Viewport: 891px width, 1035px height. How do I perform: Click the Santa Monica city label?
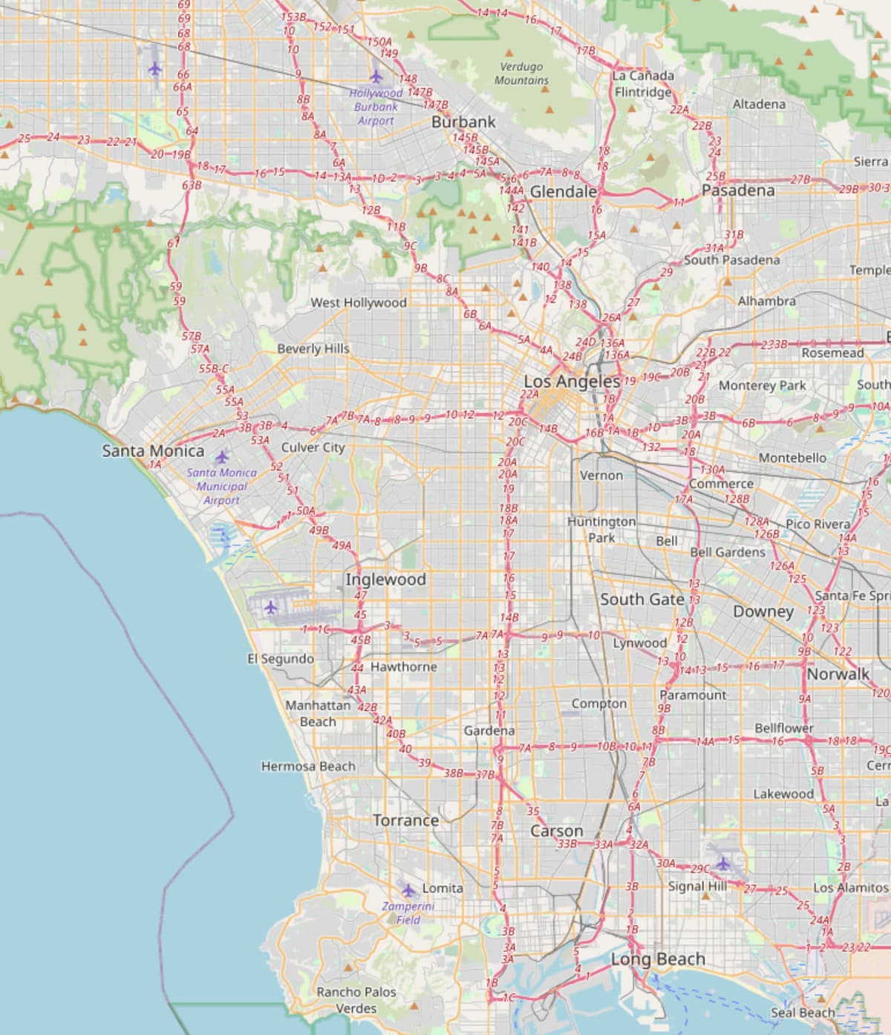[x=153, y=450]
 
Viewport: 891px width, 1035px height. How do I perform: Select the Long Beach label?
[x=658, y=959]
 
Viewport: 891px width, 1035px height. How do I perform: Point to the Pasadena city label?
[x=738, y=191]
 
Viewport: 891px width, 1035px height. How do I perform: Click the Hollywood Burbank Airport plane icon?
[x=376, y=76]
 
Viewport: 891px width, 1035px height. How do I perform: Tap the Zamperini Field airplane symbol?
[x=408, y=890]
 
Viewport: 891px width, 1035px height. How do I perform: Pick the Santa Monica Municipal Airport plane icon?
[x=222, y=456]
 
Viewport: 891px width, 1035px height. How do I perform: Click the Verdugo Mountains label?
[x=522, y=73]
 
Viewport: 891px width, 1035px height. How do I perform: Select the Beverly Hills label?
[x=313, y=349]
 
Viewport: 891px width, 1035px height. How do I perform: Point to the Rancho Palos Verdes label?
[x=356, y=1000]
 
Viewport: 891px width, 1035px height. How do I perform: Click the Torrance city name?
[x=405, y=821]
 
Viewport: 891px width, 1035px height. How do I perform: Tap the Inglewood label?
[x=385, y=579]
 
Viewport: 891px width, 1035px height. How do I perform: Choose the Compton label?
[x=599, y=703]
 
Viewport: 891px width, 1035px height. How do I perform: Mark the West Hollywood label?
[x=359, y=303]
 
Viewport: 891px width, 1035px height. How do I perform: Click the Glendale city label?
[x=564, y=192]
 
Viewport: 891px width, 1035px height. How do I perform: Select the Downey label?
[x=763, y=612]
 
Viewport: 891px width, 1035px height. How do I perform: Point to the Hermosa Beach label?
[x=308, y=766]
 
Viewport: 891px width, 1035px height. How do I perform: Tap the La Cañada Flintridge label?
[x=644, y=84]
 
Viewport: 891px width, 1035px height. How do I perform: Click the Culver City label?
[x=313, y=447]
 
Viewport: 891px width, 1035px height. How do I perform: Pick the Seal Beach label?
[x=802, y=1013]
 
